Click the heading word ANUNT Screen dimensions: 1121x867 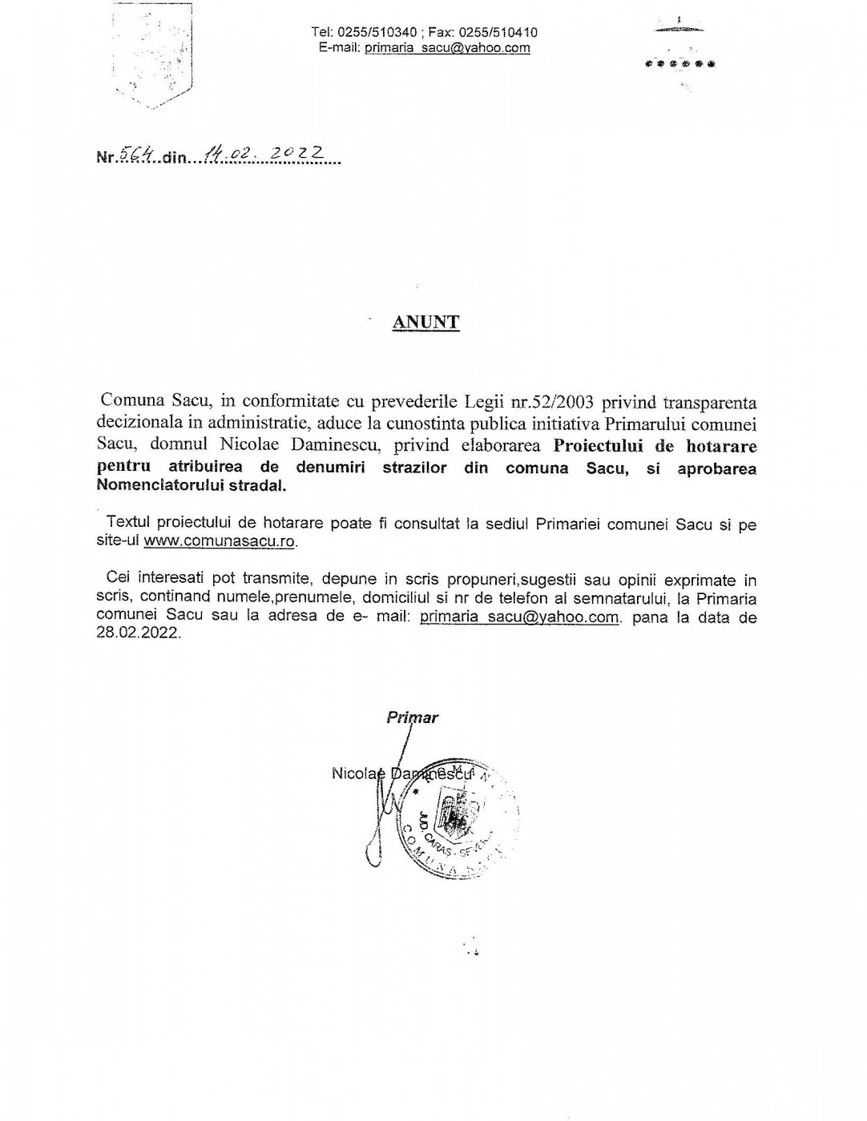click(x=425, y=323)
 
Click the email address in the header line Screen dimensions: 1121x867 click(x=447, y=48)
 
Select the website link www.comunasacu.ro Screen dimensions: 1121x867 click(x=220, y=541)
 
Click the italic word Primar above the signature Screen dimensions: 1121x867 click(x=413, y=717)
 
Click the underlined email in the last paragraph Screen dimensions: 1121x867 click(x=520, y=617)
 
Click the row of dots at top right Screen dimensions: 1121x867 click(x=679, y=63)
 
